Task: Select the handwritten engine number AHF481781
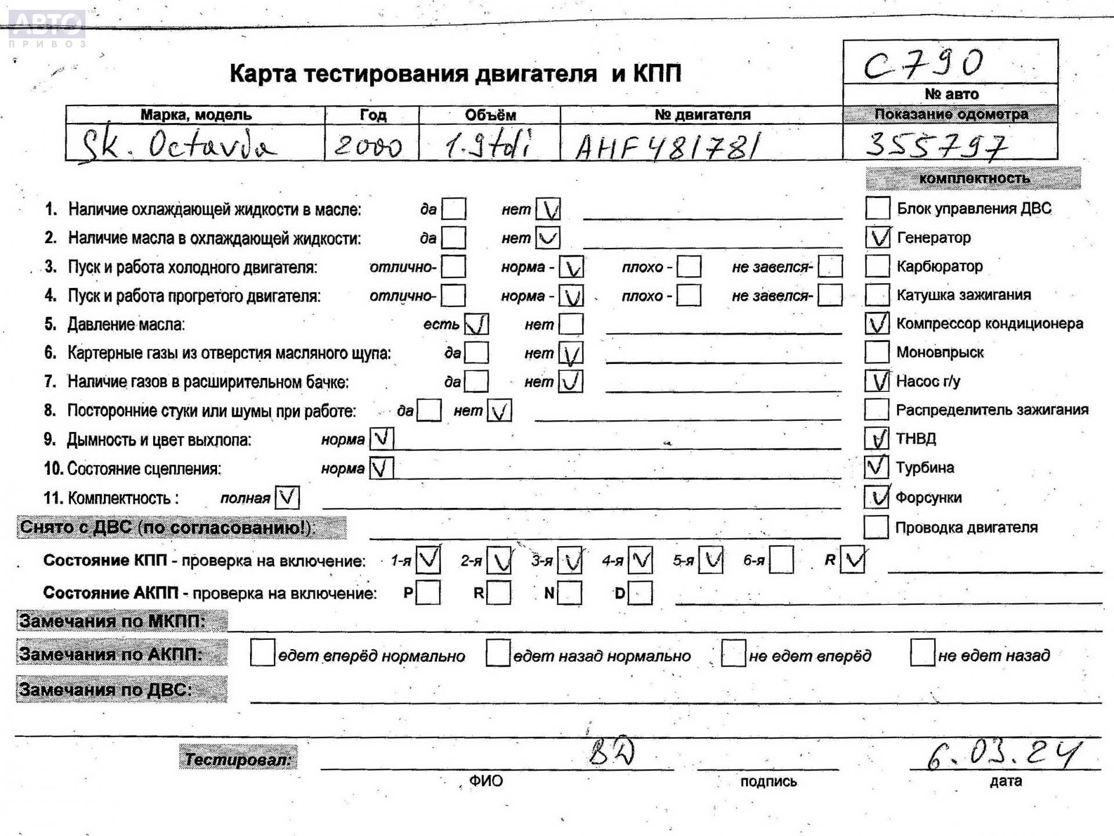[x=667, y=146]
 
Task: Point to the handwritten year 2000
[x=368, y=145]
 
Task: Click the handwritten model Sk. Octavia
[x=178, y=145]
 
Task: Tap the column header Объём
[x=490, y=115]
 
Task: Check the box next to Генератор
[x=877, y=237]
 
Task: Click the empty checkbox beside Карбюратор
[x=877, y=266]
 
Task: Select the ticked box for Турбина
[x=876, y=467]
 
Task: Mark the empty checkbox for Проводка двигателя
[x=876, y=527]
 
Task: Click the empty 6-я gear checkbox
[x=781, y=560]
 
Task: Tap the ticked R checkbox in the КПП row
[x=852, y=560]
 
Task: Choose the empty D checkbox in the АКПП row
[x=640, y=593]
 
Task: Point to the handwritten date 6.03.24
[x=1004, y=754]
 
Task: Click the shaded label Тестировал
[x=238, y=758]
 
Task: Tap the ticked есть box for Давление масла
[x=476, y=324]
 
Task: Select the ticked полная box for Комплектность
[x=287, y=498]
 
